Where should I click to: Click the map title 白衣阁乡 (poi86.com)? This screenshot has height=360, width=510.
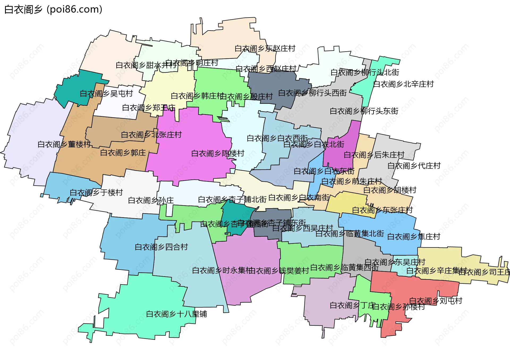pos(53,10)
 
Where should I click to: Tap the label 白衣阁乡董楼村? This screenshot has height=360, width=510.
pos(64,144)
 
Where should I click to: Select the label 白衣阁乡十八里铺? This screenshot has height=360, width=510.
pos(176,314)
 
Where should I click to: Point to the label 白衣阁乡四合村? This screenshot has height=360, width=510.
pos(161,247)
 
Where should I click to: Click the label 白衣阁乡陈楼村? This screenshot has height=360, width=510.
pos(218,153)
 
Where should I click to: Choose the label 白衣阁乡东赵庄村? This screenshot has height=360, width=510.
pos(265,48)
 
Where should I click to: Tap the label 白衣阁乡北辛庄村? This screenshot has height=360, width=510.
pos(403,84)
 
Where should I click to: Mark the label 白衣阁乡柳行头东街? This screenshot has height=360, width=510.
pos(364,111)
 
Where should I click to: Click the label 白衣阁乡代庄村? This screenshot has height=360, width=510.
pos(414,166)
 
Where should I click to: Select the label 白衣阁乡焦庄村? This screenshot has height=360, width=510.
pos(414,236)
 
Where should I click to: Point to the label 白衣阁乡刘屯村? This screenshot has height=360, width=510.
pos(436,301)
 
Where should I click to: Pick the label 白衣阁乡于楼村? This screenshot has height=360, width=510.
pos(96,192)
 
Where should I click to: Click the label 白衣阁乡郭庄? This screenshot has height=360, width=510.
pos(123,153)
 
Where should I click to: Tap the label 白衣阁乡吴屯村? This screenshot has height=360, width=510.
pos(106,93)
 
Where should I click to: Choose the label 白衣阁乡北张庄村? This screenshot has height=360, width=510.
pos(151,135)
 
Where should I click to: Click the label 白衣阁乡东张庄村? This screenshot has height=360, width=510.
pos(382,210)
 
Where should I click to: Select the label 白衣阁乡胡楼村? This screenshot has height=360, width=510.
pos(390,190)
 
